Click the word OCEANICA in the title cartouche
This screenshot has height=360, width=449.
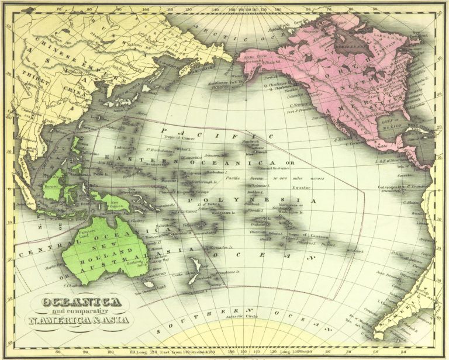82,302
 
